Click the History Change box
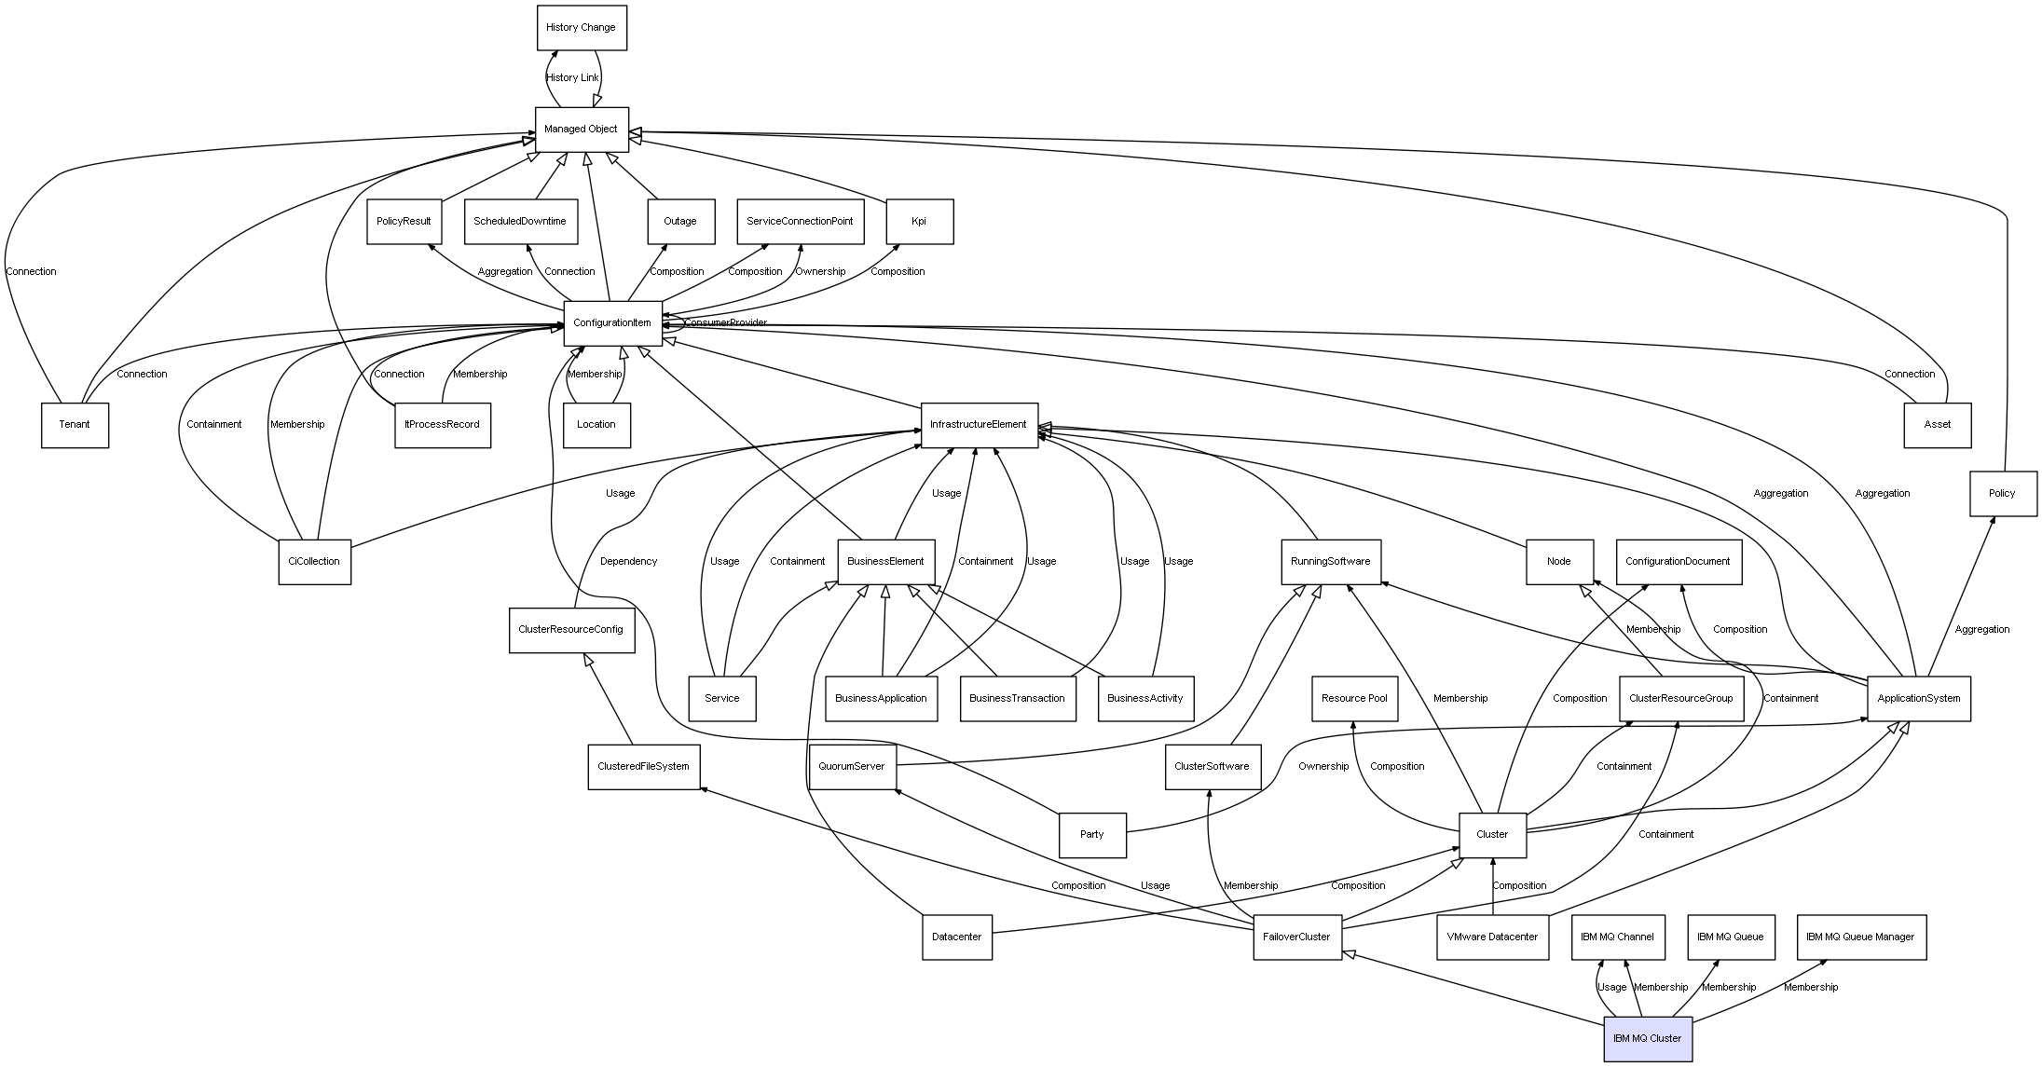click(582, 28)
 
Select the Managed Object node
click(582, 130)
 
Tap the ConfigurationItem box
click(612, 323)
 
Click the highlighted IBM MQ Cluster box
click(1647, 1038)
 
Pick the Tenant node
click(75, 425)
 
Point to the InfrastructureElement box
click(979, 425)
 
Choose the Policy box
click(2002, 494)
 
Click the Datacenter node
click(956, 937)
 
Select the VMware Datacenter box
click(1492, 937)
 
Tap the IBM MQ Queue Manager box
click(1860, 937)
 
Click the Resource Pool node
click(1354, 698)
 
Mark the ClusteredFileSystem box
click(643, 766)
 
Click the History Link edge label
click(572, 78)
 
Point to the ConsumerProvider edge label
click(726, 323)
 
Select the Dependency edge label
click(628, 562)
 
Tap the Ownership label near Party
click(1323, 766)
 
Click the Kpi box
click(919, 222)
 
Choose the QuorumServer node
click(852, 766)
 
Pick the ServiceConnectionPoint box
click(801, 222)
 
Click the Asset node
click(1937, 425)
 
